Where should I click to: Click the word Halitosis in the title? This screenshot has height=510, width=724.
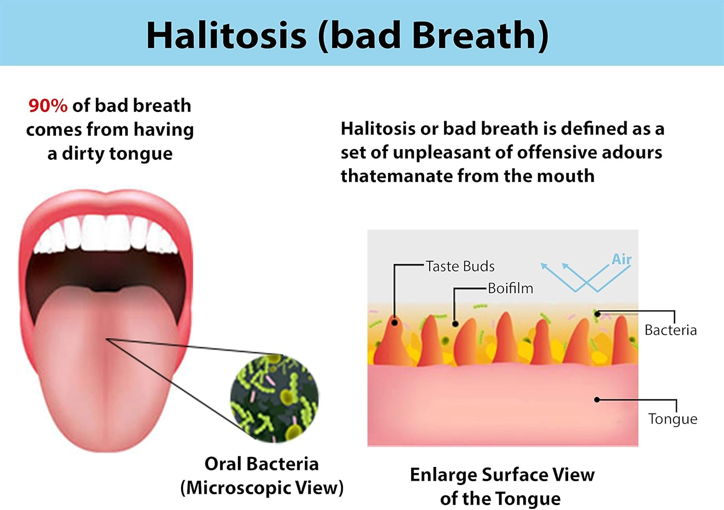[x=226, y=35]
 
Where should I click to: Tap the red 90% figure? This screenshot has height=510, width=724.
[x=48, y=105]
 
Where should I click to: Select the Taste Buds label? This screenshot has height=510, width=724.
[x=460, y=267]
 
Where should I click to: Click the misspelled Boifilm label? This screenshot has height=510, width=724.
[x=510, y=288]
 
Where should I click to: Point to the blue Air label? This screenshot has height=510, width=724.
[x=622, y=259]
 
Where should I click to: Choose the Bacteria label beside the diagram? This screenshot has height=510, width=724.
[x=671, y=330]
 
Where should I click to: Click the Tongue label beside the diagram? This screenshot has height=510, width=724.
[x=673, y=419]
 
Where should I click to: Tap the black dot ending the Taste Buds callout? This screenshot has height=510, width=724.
[x=394, y=323]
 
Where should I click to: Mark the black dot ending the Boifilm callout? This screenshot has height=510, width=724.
[x=455, y=324]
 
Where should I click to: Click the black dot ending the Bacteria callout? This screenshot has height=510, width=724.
[x=598, y=314]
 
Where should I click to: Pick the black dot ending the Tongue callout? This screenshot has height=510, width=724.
[x=597, y=400]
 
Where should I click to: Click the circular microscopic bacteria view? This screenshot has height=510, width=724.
[x=275, y=398]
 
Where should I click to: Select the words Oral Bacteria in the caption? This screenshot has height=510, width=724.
[x=262, y=464]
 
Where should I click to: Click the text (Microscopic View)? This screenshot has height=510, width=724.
[x=262, y=488]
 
